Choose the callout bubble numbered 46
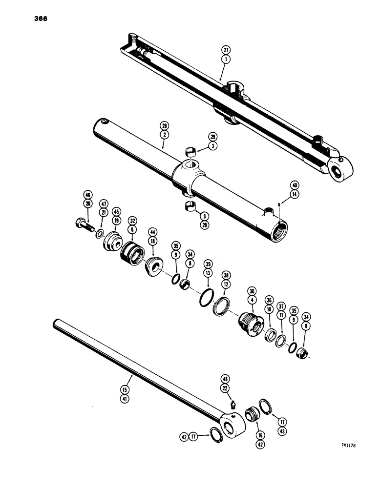tap(88, 194)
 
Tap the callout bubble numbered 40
tap(294, 185)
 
